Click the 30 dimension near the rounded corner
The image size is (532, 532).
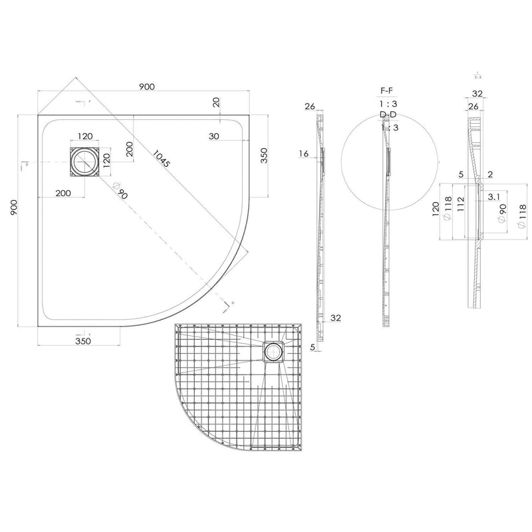pyautogui.click(x=213, y=136)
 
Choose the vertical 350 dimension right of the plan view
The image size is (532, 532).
pyautogui.click(x=264, y=156)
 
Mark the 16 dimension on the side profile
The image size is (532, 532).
pyautogui.click(x=304, y=154)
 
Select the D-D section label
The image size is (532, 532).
pyautogui.click(x=388, y=115)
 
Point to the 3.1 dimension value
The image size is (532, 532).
pyautogui.click(x=494, y=198)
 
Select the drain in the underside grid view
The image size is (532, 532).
pyautogui.click(x=272, y=351)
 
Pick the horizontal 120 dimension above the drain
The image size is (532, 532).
pyautogui.click(x=85, y=136)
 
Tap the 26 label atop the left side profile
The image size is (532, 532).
pyautogui.click(x=309, y=106)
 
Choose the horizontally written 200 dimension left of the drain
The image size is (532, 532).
pyautogui.click(x=64, y=193)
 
